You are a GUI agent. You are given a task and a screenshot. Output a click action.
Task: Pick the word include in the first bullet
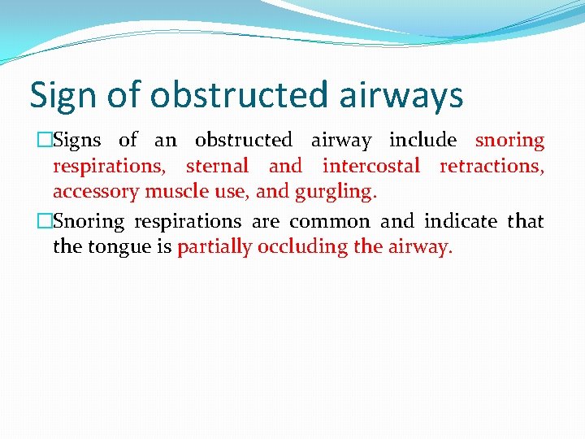pyautogui.click(x=422, y=140)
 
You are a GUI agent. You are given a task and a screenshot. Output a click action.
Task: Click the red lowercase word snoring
pyautogui.click(x=509, y=141)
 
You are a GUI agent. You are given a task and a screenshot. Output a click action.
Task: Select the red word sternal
pyautogui.click(x=217, y=166)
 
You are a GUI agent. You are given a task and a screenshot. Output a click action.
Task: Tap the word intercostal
pyautogui.click(x=370, y=166)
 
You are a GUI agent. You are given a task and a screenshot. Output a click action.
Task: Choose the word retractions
pyautogui.click(x=492, y=166)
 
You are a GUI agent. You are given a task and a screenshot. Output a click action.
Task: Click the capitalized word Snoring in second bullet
pyautogui.click(x=89, y=222)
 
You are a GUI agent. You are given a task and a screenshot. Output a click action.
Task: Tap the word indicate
pyautogui.click(x=460, y=221)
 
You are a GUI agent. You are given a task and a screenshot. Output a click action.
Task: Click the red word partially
pyautogui.click(x=214, y=247)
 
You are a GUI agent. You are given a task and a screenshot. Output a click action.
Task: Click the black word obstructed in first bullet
pyautogui.click(x=243, y=140)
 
